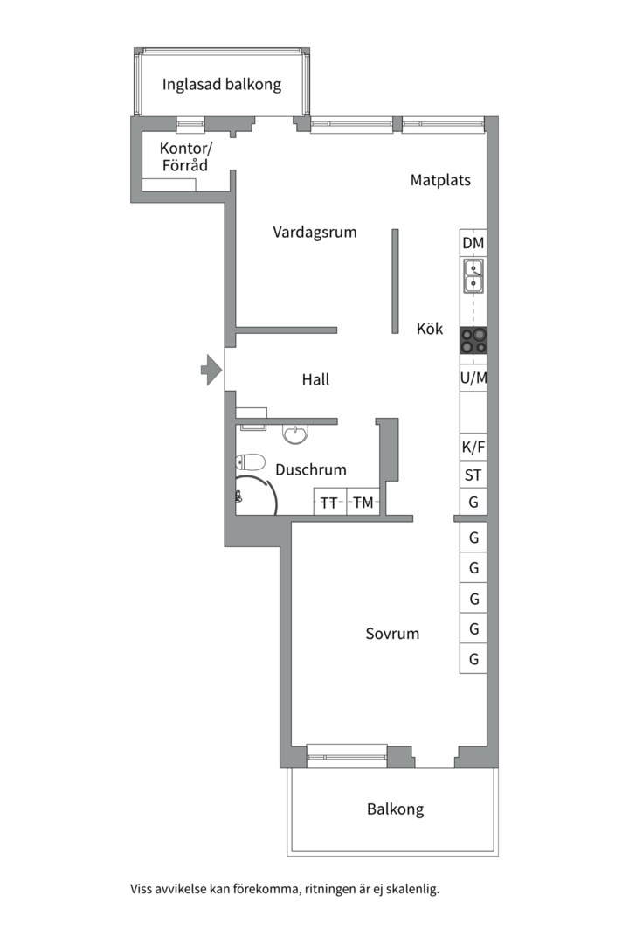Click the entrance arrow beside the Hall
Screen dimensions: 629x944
pyautogui.click(x=211, y=370)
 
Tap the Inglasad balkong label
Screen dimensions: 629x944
pyautogui.click(x=222, y=84)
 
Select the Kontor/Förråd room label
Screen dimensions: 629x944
pyautogui.click(x=185, y=156)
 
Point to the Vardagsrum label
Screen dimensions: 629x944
pyautogui.click(x=314, y=232)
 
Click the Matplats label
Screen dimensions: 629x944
pyautogui.click(x=440, y=180)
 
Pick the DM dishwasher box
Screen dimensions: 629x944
pyautogui.click(x=473, y=243)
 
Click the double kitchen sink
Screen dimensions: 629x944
pyautogui.click(x=473, y=275)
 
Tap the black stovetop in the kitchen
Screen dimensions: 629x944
pyautogui.click(x=473, y=341)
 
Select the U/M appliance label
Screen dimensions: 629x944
pyautogui.click(x=473, y=378)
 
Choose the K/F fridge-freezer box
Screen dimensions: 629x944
pyautogui.click(x=473, y=448)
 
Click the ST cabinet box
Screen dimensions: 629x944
pyautogui.click(x=473, y=475)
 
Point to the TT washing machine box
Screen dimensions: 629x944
pyautogui.click(x=330, y=502)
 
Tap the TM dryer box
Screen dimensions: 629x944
pyautogui.click(x=363, y=502)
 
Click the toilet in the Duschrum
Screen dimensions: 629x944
pyautogui.click(x=251, y=462)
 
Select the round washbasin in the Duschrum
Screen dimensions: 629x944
pyautogui.click(x=295, y=434)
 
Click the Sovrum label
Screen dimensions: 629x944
pyautogui.click(x=392, y=634)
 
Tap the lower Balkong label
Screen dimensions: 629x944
pyautogui.click(x=396, y=809)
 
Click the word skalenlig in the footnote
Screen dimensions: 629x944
pyautogui.click(x=412, y=889)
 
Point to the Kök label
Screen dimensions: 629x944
pyautogui.click(x=430, y=328)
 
